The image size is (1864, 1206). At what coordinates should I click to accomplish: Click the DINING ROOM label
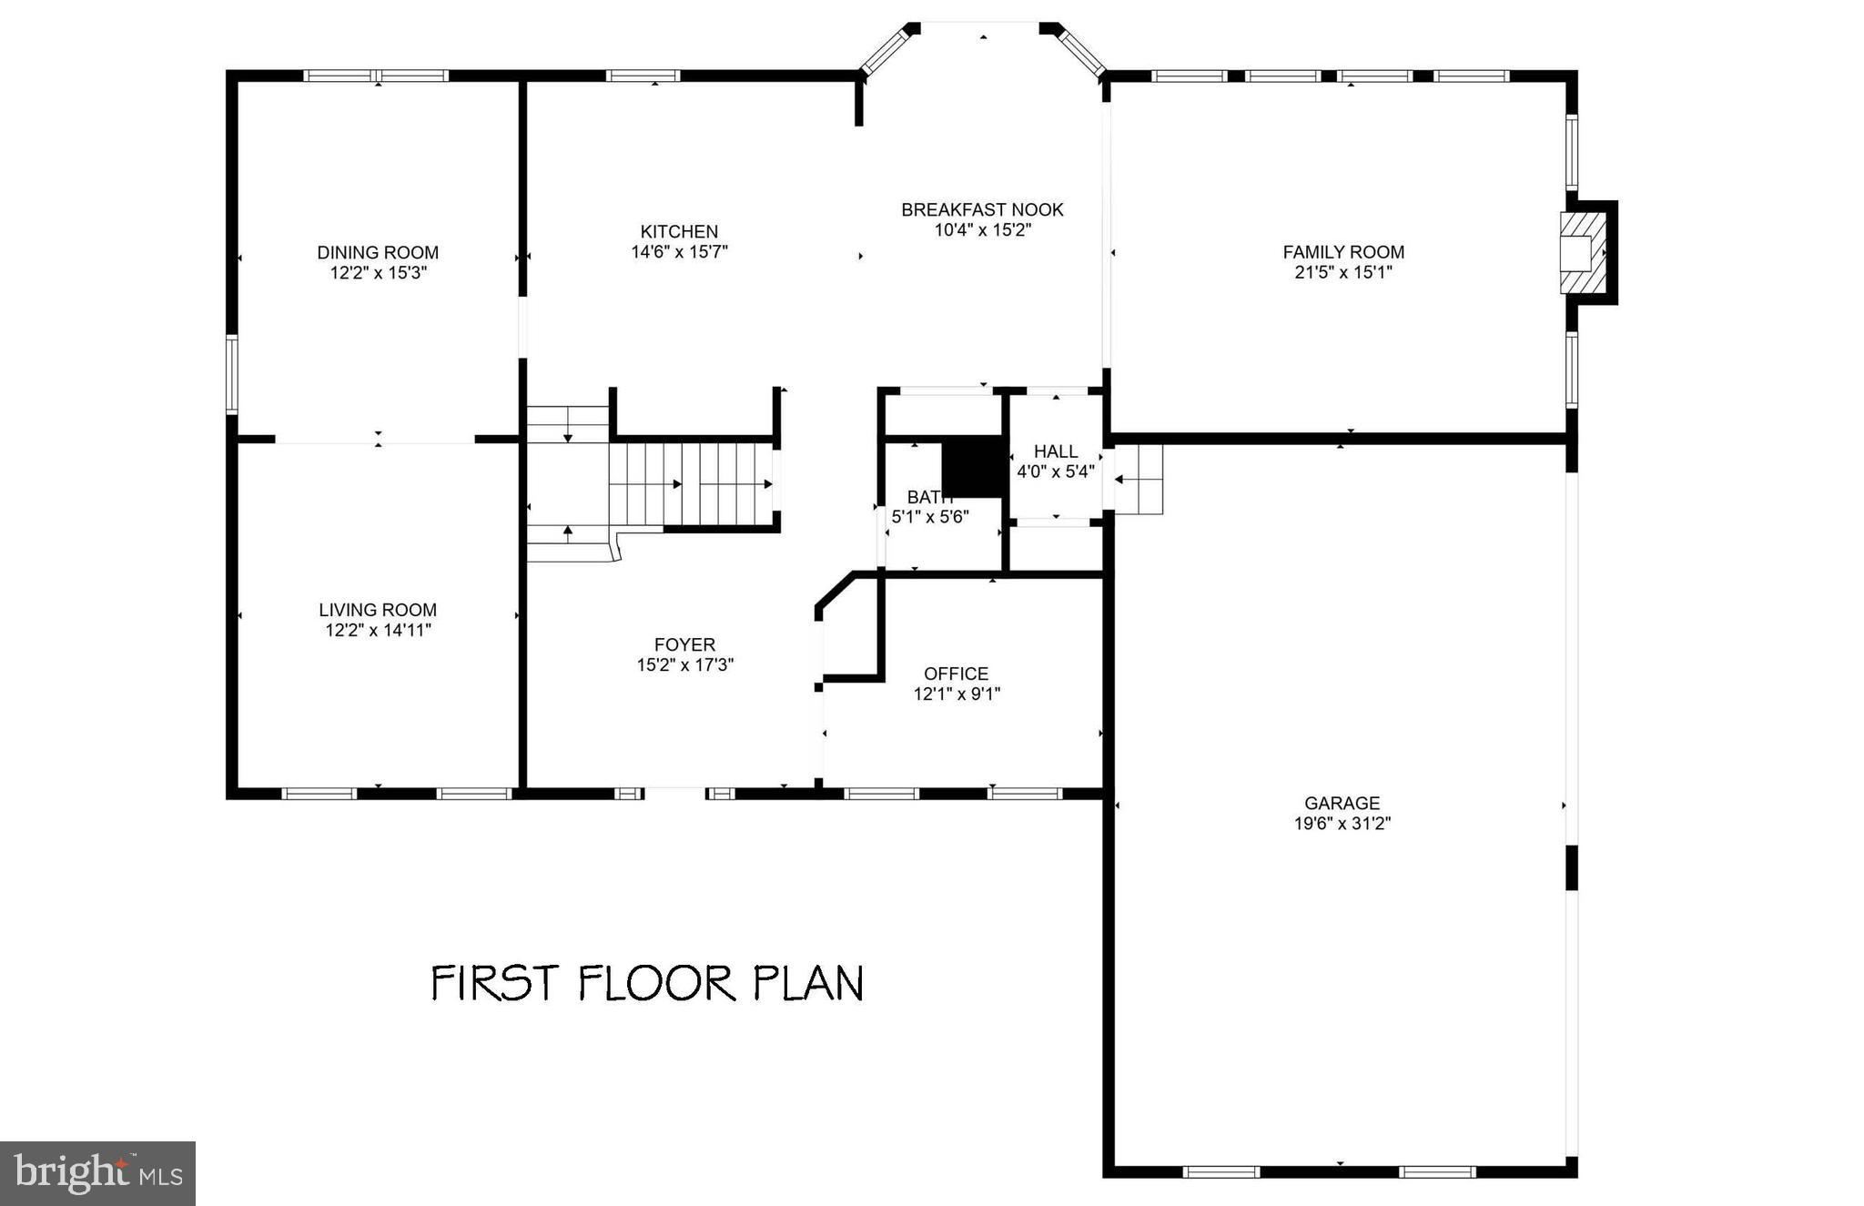[x=378, y=252]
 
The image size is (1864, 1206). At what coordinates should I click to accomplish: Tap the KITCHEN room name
[x=679, y=231]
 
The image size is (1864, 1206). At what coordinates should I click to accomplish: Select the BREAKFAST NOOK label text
[x=982, y=209]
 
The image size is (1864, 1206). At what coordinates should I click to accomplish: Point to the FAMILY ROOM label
[x=1343, y=252]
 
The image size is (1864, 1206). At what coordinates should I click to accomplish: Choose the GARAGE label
[x=1342, y=803]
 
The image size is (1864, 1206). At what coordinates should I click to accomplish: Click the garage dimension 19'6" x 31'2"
[x=1342, y=824]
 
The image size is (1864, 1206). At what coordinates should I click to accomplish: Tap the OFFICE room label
[x=956, y=674]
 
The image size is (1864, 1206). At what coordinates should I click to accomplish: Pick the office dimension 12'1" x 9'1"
[x=957, y=694]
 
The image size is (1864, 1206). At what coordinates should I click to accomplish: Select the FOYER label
[x=684, y=644]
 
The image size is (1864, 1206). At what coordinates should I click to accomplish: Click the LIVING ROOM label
[x=378, y=610]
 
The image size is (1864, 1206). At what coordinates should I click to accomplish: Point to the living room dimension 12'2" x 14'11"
[x=378, y=630]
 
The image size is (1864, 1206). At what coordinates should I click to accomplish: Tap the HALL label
[x=1056, y=451]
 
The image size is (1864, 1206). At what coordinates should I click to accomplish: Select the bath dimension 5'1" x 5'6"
[x=930, y=517]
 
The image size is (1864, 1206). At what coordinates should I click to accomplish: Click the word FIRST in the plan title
[x=493, y=983]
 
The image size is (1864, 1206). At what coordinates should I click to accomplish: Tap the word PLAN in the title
[x=807, y=983]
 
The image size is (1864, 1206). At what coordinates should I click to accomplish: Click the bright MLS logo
[x=97, y=1173]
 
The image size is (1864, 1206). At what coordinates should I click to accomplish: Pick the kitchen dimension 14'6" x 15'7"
[x=679, y=252]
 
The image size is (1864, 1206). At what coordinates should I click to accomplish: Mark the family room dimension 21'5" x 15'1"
[x=1343, y=272]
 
